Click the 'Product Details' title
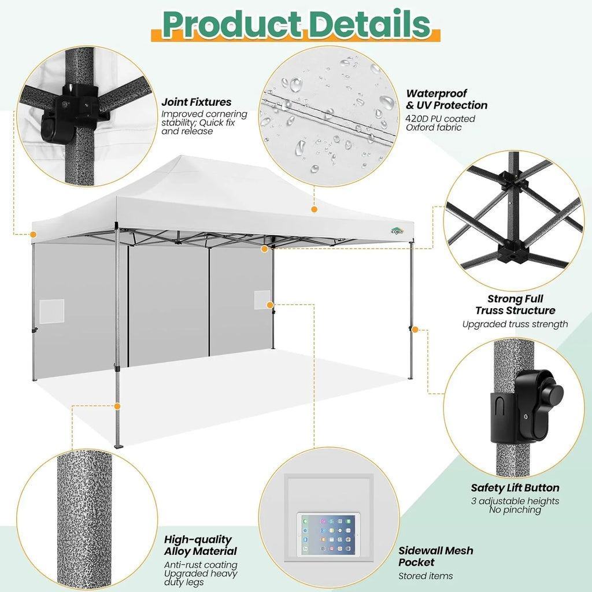[x=295, y=24]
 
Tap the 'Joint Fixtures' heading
[x=196, y=102]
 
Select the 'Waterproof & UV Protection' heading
[x=446, y=99]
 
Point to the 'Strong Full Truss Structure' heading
[x=515, y=305]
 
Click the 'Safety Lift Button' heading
[x=515, y=488]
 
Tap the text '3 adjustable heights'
[x=515, y=501]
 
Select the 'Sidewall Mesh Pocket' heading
[x=435, y=556]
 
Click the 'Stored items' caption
[x=425, y=576]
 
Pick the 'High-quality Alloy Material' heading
[x=200, y=545]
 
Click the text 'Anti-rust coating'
[x=201, y=565]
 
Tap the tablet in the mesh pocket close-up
[x=327, y=535]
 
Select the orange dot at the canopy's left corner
[x=33, y=234]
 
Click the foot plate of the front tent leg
[x=120, y=446]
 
